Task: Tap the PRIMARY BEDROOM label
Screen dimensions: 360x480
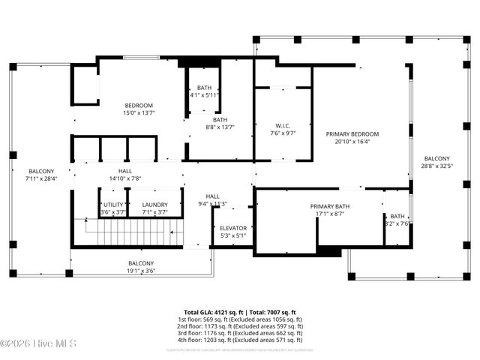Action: pyautogui.click(x=352, y=134)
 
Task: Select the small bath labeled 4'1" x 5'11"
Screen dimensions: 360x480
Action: pyautogui.click(x=204, y=91)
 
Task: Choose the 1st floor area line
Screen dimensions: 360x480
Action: pyautogui.click(x=240, y=319)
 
